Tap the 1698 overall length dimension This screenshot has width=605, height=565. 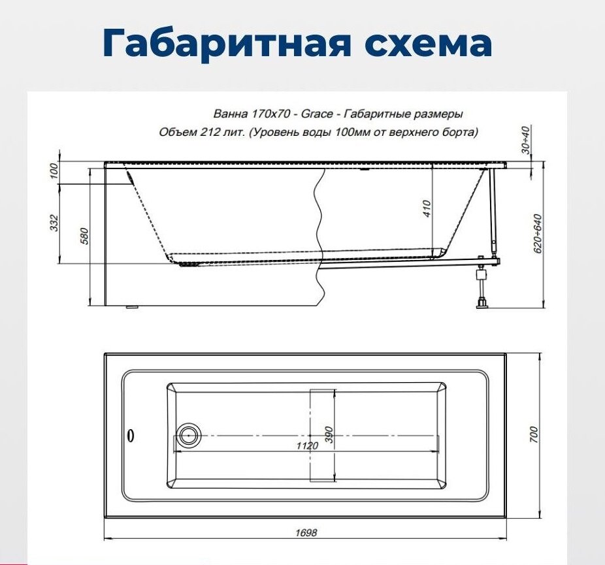point(305,532)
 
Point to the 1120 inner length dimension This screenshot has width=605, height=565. point(306,445)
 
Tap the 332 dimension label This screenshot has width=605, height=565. point(55,223)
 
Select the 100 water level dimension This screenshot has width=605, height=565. point(55,171)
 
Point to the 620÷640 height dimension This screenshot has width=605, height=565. point(538,234)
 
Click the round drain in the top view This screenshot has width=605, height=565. point(190,434)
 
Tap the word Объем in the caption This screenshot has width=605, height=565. point(174,132)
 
